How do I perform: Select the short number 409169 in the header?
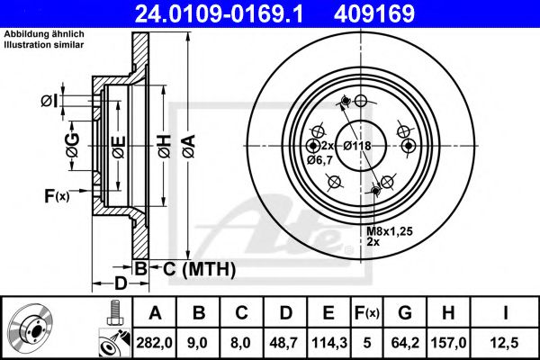pyautogui.click(x=401, y=13)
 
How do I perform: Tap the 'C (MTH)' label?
pyautogui.click(x=199, y=268)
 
